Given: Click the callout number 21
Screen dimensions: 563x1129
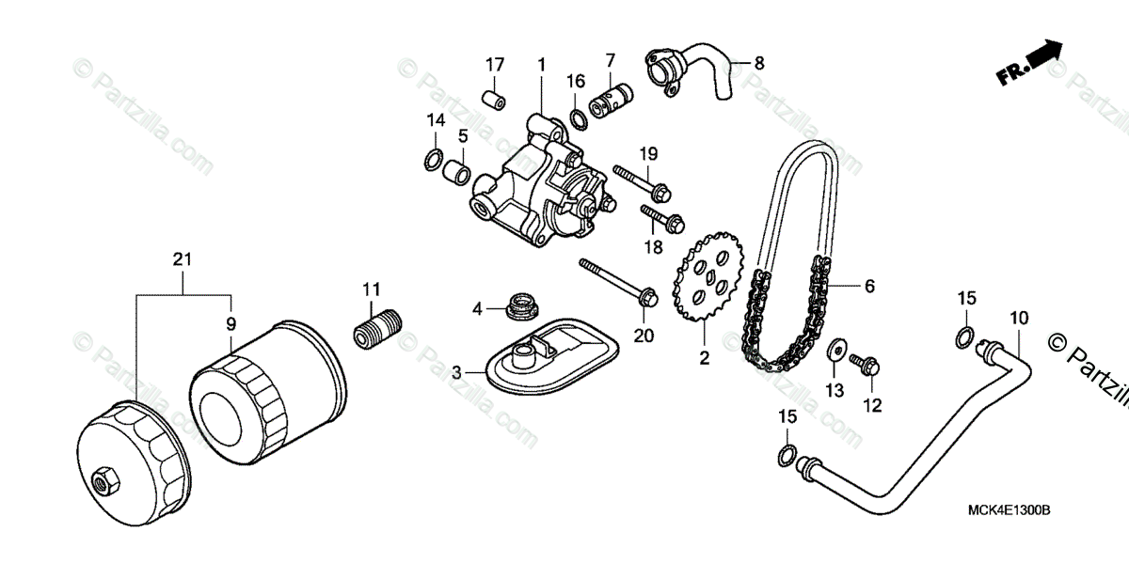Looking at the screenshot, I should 183,258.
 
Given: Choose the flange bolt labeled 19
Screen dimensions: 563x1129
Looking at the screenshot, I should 642,180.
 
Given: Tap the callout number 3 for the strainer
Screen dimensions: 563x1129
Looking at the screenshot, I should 457,372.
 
